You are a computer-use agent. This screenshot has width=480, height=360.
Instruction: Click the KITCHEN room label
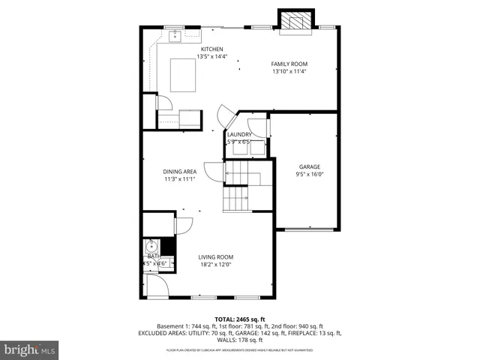[x=211, y=49]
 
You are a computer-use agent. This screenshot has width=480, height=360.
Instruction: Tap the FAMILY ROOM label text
[x=289, y=64]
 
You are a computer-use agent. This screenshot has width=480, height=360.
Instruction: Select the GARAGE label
[x=310, y=166]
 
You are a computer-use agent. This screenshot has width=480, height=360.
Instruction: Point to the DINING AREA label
[x=180, y=172]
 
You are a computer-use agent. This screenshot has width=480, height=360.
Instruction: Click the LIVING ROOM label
[x=215, y=257]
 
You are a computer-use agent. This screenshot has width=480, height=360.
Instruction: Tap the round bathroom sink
[x=151, y=246]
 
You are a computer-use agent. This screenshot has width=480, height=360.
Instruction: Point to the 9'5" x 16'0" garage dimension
[x=310, y=174]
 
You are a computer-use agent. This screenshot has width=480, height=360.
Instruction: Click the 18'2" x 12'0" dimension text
[x=215, y=265]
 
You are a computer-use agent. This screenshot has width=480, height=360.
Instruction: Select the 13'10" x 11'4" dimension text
[x=289, y=71]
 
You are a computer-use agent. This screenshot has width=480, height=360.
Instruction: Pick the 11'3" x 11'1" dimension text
[x=180, y=179]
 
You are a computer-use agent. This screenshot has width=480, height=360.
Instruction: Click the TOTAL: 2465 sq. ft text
[x=239, y=319]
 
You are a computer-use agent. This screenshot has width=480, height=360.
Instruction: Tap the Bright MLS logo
[x=29, y=349]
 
